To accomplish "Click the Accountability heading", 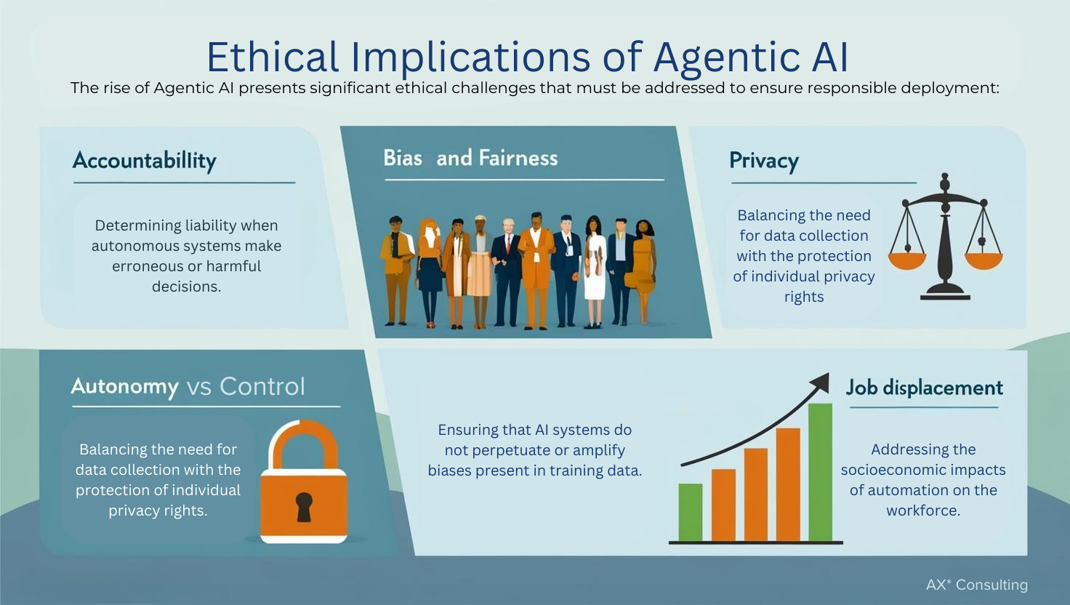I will [144, 161].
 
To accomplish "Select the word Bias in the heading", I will [403, 158].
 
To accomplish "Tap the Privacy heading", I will [763, 161].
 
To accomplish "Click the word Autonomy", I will [124, 386].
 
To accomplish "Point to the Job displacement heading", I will [924, 388].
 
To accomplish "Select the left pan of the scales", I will [907, 260].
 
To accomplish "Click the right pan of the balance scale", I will [983, 260].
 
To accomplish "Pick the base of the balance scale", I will [945, 293].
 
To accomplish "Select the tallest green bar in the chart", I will [820, 473].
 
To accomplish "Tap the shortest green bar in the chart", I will [690, 512].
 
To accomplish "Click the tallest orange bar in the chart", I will [788, 484].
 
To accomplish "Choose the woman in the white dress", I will [595, 273].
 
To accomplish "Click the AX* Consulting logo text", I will [976, 585].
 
